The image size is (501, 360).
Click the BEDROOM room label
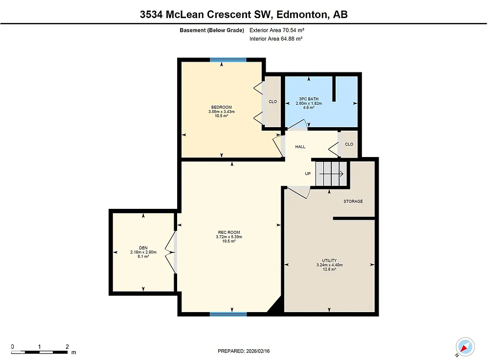(x=221, y=107)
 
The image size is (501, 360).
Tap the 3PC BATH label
(x=308, y=99)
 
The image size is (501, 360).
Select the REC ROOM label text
(x=229, y=232)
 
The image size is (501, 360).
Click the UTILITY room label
(x=329, y=261)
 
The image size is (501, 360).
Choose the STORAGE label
(x=353, y=201)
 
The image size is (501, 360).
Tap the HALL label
(x=300, y=147)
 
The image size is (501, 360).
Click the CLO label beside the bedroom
(x=273, y=102)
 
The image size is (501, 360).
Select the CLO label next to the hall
(x=349, y=144)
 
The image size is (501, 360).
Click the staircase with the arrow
(x=331, y=174)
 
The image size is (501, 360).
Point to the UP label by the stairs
(x=308, y=174)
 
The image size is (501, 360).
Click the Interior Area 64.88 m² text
(x=276, y=39)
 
